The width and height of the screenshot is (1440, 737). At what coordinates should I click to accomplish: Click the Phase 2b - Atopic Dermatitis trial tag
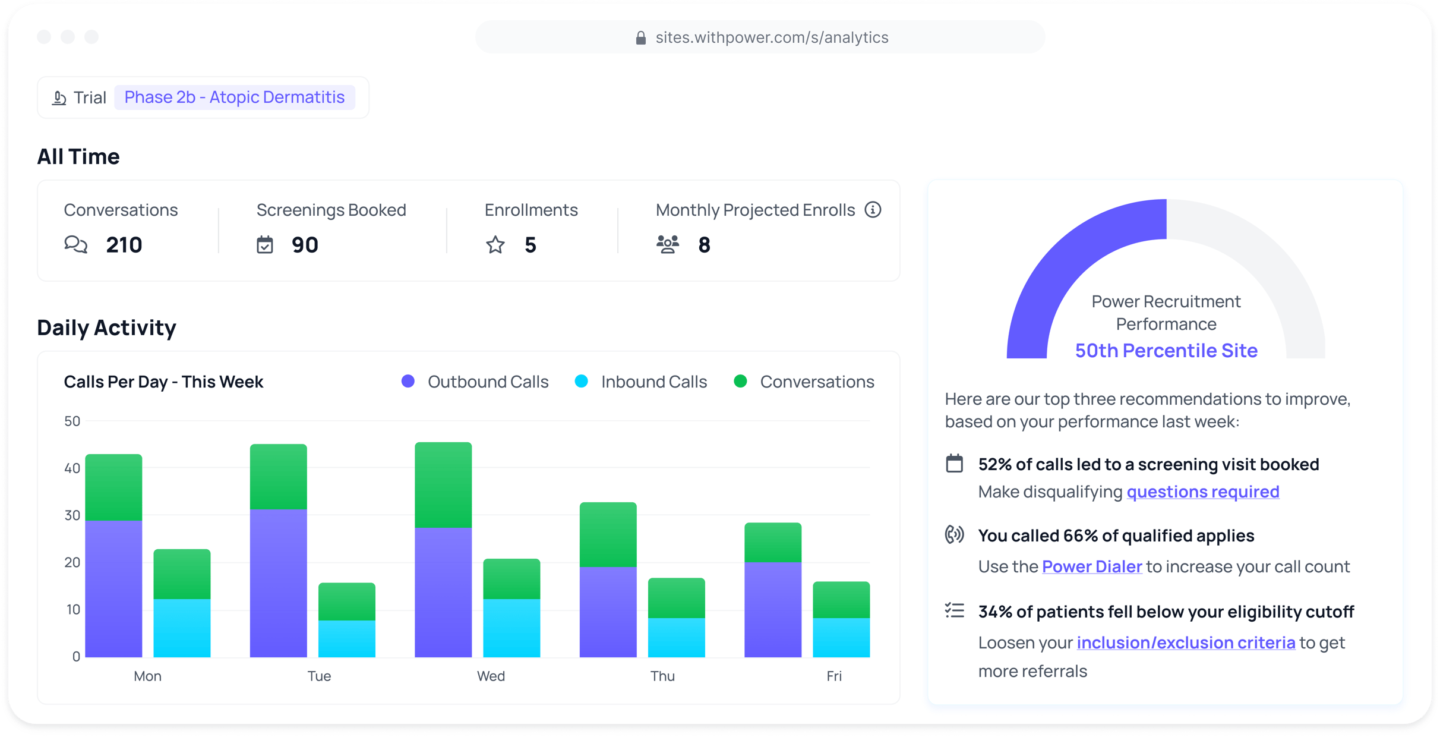click(x=234, y=97)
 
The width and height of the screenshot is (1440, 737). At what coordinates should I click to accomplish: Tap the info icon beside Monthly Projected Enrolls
click(x=873, y=210)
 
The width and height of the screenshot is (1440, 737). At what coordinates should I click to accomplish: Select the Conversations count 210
click(x=124, y=245)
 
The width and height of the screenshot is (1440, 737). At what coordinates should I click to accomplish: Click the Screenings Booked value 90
click(x=305, y=245)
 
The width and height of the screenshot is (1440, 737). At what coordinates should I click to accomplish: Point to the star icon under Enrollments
click(x=495, y=245)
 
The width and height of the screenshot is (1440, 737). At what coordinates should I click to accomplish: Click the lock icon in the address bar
click(x=640, y=38)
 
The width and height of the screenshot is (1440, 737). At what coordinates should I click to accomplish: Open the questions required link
click(x=1202, y=492)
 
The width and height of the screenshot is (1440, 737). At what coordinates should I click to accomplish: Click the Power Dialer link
click(x=1091, y=566)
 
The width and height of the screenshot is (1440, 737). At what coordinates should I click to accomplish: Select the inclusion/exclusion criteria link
click(x=1185, y=642)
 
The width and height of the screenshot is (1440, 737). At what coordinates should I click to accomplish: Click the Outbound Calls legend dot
click(x=408, y=382)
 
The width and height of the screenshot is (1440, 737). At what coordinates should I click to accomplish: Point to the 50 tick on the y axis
click(x=72, y=421)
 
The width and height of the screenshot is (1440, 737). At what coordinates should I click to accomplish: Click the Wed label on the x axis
click(x=491, y=676)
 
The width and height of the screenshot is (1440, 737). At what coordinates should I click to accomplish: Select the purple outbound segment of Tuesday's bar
click(x=278, y=582)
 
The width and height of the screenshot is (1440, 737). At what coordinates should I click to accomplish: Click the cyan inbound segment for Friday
click(x=841, y=637)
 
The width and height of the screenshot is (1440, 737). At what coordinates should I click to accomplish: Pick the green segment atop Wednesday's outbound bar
click(x=443, y=485)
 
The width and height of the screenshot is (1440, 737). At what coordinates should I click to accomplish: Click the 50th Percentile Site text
click(x=1166, y=351)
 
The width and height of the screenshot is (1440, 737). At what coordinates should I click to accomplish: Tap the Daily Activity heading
click(x=106, y=327)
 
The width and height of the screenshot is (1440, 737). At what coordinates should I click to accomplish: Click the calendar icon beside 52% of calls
click(x=954, y=464)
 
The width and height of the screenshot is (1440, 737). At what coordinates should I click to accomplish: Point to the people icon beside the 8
click(x=668, y=245)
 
